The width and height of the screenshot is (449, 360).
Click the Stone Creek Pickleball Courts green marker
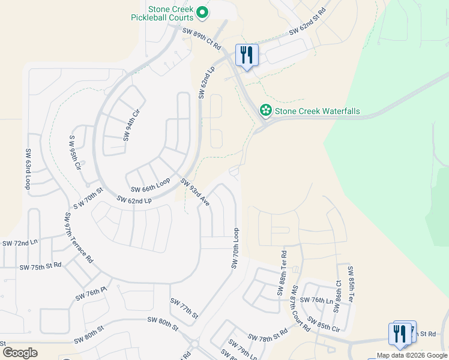(203, 11)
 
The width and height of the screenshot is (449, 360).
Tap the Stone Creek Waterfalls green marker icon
(265, 110)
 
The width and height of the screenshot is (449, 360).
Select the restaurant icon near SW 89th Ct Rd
(247, 55)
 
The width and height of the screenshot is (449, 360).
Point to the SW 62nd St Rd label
(307, 20)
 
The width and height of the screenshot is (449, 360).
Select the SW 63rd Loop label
(28, 170)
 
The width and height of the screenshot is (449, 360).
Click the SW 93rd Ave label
(195, 193)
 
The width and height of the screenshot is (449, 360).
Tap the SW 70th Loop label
(235, 248)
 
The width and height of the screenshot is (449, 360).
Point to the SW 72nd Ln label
(20, 243)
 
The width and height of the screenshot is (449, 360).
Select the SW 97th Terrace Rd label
(78, 238)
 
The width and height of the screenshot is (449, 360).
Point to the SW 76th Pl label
(91, 294)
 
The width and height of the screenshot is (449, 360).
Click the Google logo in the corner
(20, 352)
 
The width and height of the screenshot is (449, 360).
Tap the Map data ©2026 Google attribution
(412, 355)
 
